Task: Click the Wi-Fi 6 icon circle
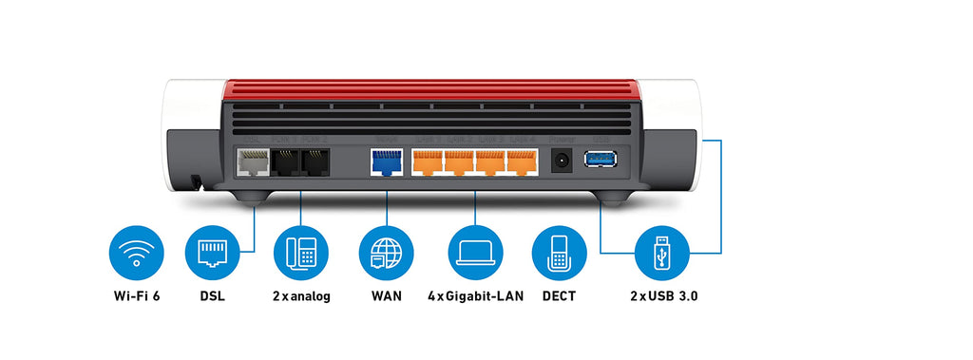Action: pos(137,253)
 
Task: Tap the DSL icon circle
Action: pos(213,253)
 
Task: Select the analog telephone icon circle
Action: pos(301,253)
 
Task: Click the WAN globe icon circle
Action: pos(386,253)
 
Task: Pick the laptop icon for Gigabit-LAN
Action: pos(475,253)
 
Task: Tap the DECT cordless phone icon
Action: pos(560,253)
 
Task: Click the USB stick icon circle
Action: pos(662,253)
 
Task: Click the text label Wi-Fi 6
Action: pos(137,296)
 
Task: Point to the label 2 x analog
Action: pos(301,296)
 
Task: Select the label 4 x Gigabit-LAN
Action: pos(475,296)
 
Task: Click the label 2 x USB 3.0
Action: pos(663,296)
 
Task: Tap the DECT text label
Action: pos(560,296)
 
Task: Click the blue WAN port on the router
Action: pos(386,163)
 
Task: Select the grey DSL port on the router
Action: pos(252,163)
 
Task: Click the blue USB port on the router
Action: pos(601,159)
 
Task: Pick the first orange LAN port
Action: pos(427,163)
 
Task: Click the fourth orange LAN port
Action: pos(523,163)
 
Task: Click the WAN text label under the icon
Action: pos(386,296)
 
